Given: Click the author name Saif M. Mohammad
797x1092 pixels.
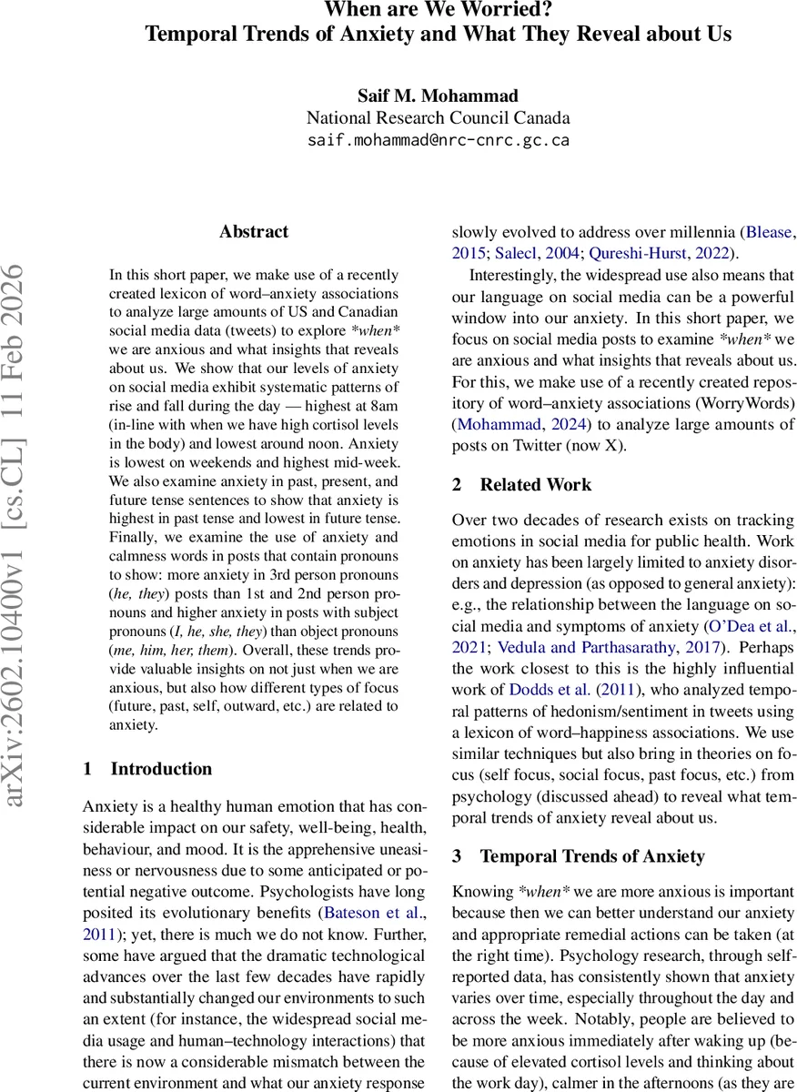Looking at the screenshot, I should (x=439, y=96).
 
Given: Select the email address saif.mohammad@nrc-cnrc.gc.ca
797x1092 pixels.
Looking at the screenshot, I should (x=439, y=140).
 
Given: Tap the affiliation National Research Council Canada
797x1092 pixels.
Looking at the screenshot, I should (x=439, y=118).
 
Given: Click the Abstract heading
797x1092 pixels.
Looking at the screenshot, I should (x=254, y=231).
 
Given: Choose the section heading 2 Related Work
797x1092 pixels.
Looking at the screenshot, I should (x=522, y=485).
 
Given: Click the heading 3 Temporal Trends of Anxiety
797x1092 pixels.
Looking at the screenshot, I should (x=579, y=856).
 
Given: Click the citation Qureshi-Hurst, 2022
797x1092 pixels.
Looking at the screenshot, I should (x=648, y=253).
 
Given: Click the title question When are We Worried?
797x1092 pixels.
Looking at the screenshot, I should (x=439, y=11).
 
